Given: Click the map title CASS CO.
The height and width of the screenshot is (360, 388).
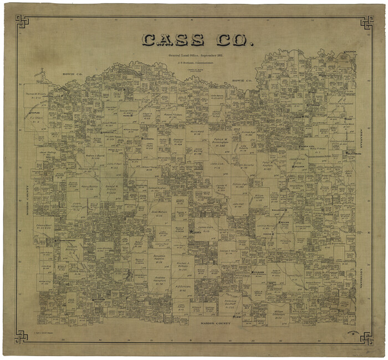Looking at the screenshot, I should click(x=197, y=40).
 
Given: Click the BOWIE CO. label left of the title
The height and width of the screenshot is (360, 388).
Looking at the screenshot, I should click(x=73, y=73).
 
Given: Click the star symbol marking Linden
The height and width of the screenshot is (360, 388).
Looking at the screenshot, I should click(x=191, y=232).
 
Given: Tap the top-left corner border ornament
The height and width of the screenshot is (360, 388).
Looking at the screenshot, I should click(x=22, y=22).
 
